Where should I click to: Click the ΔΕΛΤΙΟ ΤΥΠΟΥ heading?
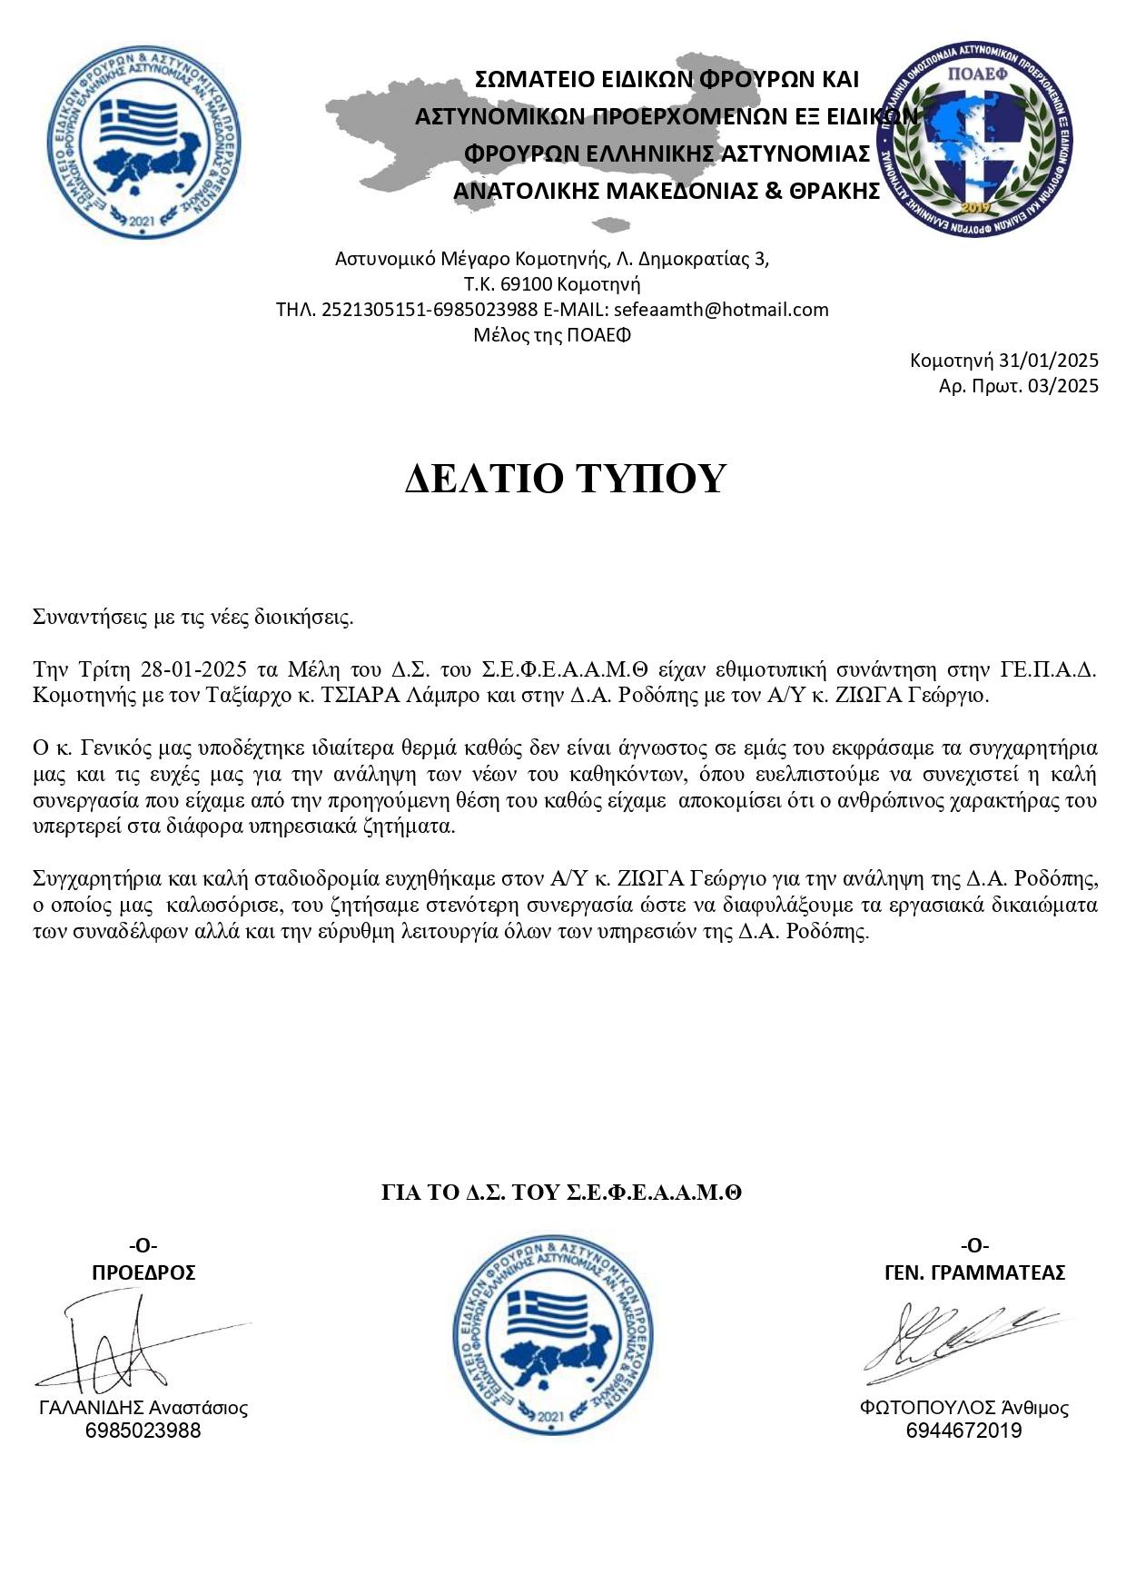(x=565, y=479)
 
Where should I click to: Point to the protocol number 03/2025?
(x=1063, y=386)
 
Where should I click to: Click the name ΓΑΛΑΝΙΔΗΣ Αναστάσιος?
(x=143, y=1408)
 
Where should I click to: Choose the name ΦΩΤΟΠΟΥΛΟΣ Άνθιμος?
(x=964, y=1408)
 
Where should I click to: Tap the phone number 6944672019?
(x=964, y=1431)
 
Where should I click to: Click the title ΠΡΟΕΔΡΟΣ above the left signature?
(x=143, y=1272)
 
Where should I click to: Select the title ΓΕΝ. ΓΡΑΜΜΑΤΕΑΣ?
(x=974, y=1272)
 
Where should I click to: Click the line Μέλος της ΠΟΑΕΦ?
(x=552, y=335)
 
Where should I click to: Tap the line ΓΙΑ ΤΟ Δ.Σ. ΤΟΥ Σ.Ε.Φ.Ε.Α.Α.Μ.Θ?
(x=561, y=1193)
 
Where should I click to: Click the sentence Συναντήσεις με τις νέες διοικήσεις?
(x=193, y=619)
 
